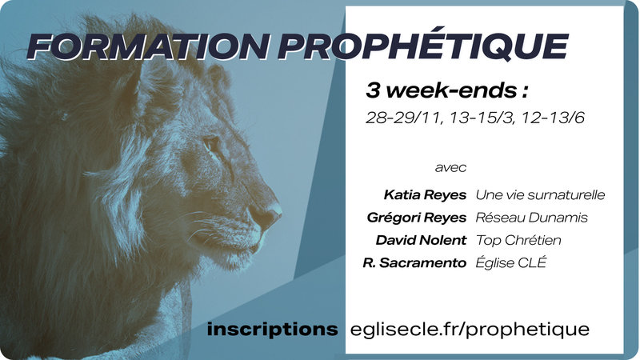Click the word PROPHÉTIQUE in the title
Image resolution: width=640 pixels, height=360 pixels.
[423, 46]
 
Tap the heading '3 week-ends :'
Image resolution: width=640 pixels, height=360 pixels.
[437, 90]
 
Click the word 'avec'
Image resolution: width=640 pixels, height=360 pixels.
[450, 169]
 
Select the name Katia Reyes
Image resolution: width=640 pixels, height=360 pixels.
[425, 194]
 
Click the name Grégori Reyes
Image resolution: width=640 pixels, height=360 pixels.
[416, 217]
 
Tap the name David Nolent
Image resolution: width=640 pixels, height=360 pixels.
[421, 240]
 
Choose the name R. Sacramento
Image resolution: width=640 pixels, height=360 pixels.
[414, 262]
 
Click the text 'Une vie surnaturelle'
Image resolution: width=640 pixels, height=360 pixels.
[540, 194]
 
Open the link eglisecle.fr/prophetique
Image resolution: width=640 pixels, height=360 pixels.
[470, 329]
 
